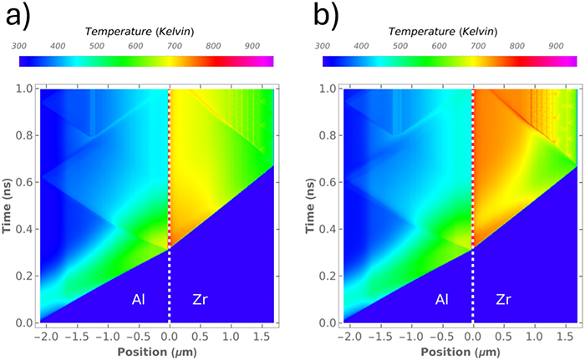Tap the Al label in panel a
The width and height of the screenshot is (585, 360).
[140, 297]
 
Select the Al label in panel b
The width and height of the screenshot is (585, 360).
[444, 297]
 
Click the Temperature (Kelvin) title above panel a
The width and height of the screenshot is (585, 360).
[140, 31]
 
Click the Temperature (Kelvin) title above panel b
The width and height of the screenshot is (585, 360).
[443, 31]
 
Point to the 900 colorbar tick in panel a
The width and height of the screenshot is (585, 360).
[252, 46]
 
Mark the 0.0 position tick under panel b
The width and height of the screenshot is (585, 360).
[473, 335]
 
